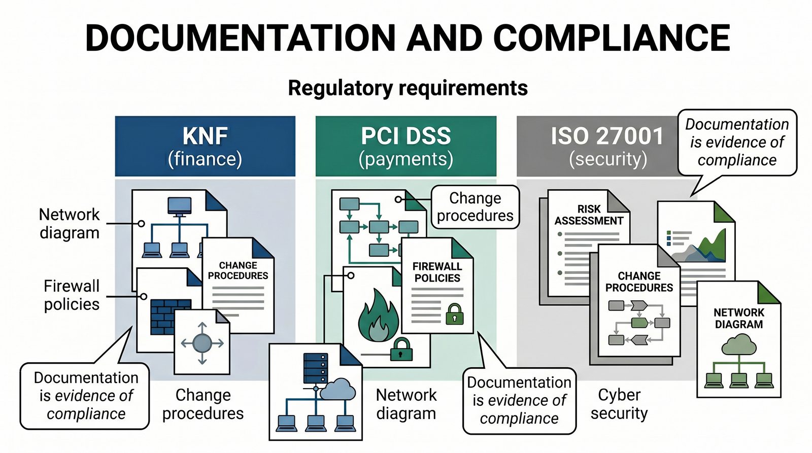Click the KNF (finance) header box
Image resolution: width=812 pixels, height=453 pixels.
[x=205, y=146]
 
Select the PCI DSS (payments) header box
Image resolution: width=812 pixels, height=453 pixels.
[x=405, y=146]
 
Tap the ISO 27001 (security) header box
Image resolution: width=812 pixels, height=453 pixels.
[x=599, y=146]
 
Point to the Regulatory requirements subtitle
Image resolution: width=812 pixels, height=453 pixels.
[x=408, y=88]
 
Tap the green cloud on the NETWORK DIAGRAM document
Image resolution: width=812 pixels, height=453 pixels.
[x=738, y=345]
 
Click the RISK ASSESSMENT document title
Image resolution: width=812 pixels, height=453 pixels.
[x=589, y=215]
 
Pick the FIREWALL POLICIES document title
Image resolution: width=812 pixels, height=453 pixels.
[x=437, y=272]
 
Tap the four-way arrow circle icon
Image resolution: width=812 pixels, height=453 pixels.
[x=202, y=343]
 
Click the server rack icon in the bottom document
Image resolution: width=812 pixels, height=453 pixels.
[x=315, y=368]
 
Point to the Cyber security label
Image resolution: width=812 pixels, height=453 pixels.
[x=619, y=404]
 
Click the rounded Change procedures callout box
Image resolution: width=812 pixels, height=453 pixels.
[x=475, y=206]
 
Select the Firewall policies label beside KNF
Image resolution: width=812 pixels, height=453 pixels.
[x=71, y=295]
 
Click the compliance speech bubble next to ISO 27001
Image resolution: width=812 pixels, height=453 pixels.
[x=737, y=142]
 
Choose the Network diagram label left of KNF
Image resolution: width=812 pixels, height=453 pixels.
[x=70, y=223]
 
